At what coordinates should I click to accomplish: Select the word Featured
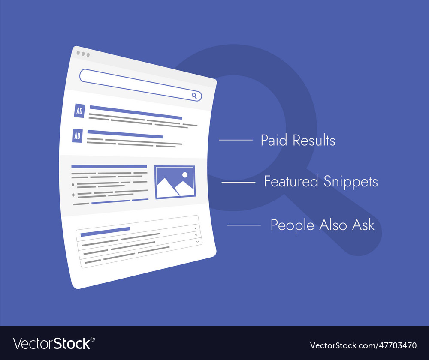coord(291,181)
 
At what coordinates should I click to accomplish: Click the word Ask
coord(364,225)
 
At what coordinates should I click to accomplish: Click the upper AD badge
coord(79,111)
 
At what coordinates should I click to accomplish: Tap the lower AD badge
coord(77,136)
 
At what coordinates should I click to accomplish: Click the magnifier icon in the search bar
coord(194,96)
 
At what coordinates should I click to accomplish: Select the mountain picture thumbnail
coord(175,182)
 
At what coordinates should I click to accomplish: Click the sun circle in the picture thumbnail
coord(185,174)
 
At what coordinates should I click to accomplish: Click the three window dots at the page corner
coord(83,54)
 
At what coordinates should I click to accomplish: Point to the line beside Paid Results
coord(236,140)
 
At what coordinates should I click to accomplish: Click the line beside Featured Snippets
coord(238,182)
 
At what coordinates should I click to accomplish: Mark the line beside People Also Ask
coord(244,225)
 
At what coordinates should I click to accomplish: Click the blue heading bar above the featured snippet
coord(109,166)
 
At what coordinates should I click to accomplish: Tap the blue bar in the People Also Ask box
coord(105,231)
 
